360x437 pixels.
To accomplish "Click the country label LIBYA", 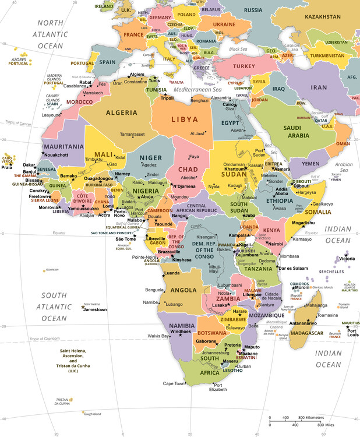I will click(183, 119).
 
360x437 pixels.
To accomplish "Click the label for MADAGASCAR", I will click(306, 333).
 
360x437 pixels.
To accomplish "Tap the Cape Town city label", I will click(174, 383).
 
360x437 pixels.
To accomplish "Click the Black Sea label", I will click(238, 50).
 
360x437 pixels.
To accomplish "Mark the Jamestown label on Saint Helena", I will click(95, 310).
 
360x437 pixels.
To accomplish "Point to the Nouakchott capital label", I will click(57, 155).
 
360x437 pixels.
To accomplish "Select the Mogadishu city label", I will click(303, 223).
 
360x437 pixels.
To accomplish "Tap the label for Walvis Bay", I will click(158, 336).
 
